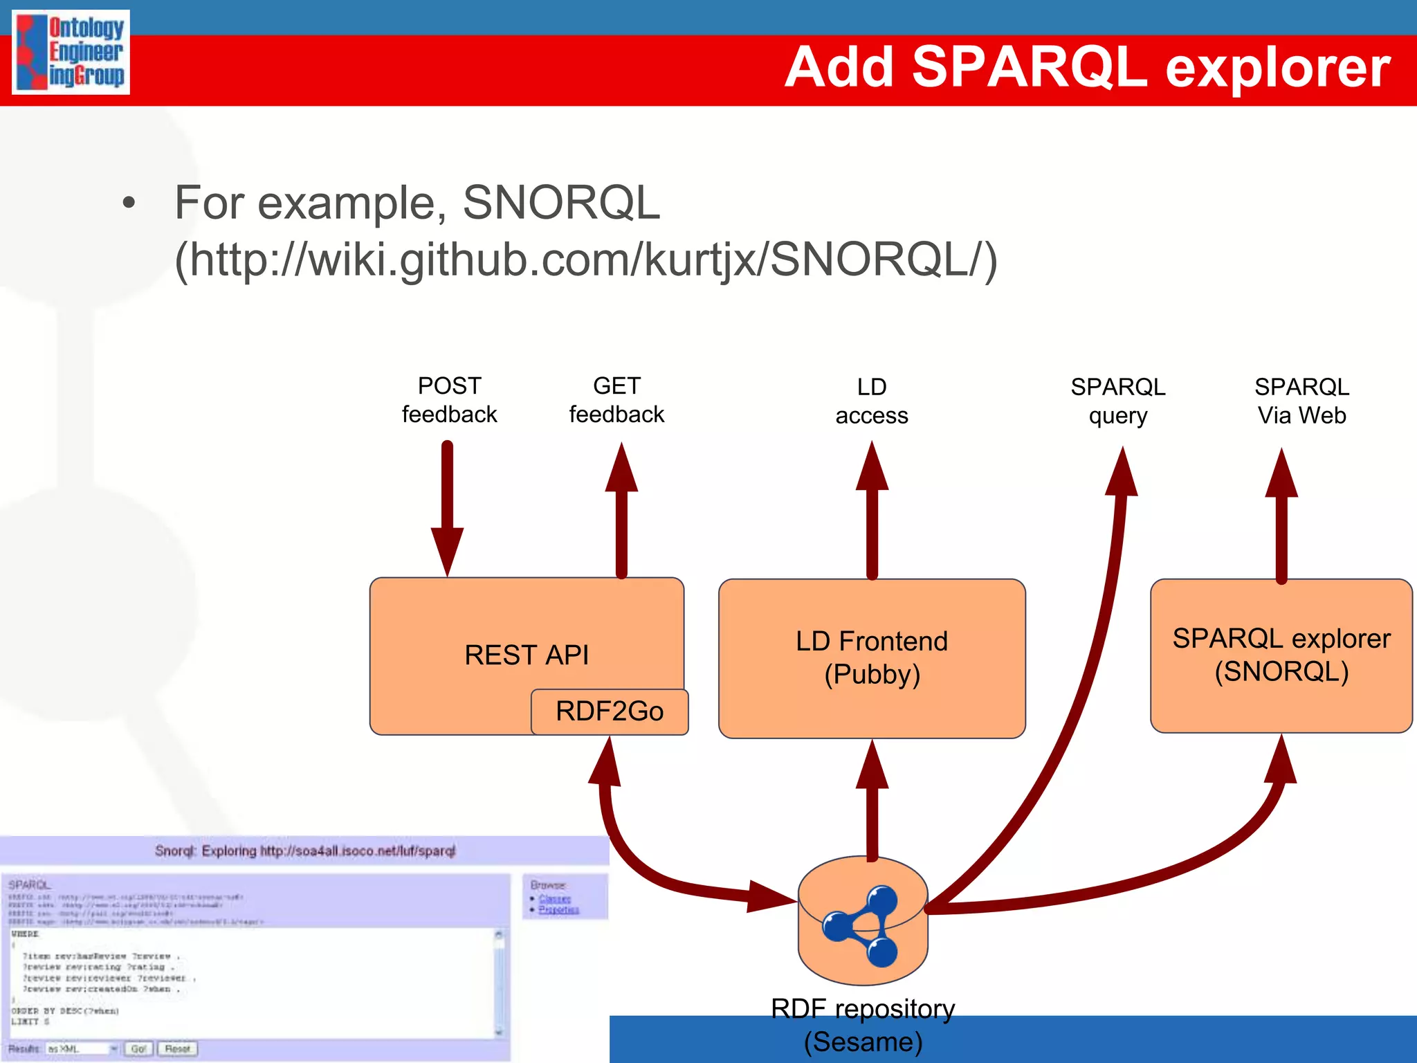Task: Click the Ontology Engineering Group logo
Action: pyautogui.click(x=71, y=53)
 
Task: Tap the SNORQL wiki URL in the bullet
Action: pyautogui.click(x=585, y=260)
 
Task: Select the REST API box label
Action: pyautogui.click(x=527, y=655)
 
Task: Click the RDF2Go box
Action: pyautogui.click(x=610, y=711)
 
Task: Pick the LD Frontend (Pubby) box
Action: pyautogui.click(x=872, y=658)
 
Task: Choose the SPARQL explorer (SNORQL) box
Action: pyautogui.click(x=1281, y=655)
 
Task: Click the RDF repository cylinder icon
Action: pyautogui.click(x=862, y=920)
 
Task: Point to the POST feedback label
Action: pyautogui.click(x=449, y=400)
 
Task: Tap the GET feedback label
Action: pyautogui.click(x=616, y=400)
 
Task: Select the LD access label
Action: pyautogui.click(x=872, y=401)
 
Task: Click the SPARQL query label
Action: pyautogui.click(x=1118, y=401)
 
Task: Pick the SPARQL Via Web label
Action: pyautogui.click(x=1301, y=401)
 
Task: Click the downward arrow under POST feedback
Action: pyautogui.click(x=448, y=509)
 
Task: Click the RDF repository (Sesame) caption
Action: pyautogui.click(x=863, y=1026)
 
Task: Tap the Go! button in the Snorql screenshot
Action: pyautogui.click(x=138, y=1049)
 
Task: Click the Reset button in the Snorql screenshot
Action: pyautogui.click(x=177, y=1049)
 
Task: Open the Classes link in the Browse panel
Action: pyautogui.click(x=555, y=899)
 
